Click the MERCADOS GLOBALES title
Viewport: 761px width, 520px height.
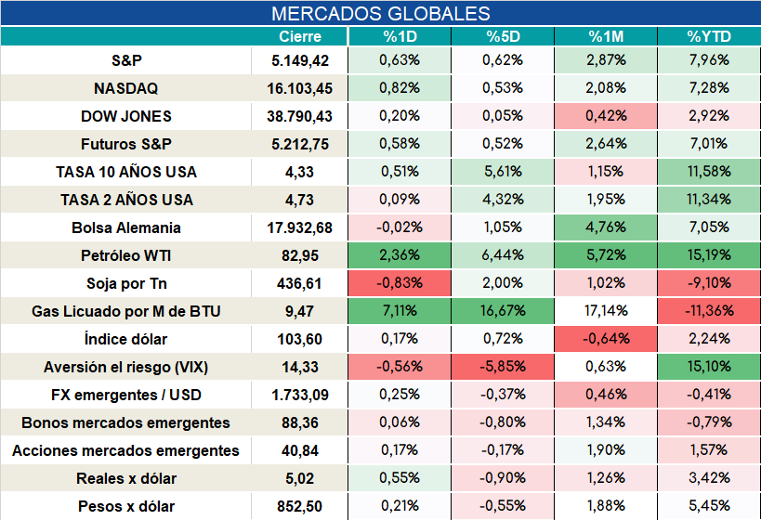[x=381, y=13]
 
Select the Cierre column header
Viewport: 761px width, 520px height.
[x=300, y=36]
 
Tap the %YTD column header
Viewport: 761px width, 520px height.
[x=709, y=36]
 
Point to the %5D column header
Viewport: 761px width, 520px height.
[x=503, y=36]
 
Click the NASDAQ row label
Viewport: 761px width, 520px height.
[x=125, y=88]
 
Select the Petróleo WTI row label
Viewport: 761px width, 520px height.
[x=125, y=255]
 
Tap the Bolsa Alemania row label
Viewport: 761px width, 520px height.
[x=125, y=227]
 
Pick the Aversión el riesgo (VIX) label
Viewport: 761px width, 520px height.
[x=125, y=367]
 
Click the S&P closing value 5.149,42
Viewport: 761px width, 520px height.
[x=300, y=60]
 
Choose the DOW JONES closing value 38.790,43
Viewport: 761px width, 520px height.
[x=299, y=116]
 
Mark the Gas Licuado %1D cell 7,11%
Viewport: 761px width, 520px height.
[x=400, y=311]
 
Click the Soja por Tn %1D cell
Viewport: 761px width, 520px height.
[x=400, y=283]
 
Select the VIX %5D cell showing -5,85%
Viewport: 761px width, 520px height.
[x=503, y=366]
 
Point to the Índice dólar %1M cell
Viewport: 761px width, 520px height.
[x=606, y=339]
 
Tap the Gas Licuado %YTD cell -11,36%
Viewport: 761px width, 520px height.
[x=709, y=311]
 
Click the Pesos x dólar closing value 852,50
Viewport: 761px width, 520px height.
[x=299, y=507]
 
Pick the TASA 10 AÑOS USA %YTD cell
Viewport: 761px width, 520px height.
[x=709, y=171]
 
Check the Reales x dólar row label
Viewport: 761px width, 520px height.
[x=125, y=479]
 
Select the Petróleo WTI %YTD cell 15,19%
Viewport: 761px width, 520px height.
[x=709, y=255]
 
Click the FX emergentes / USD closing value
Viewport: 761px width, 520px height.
[x=300, y=396]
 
